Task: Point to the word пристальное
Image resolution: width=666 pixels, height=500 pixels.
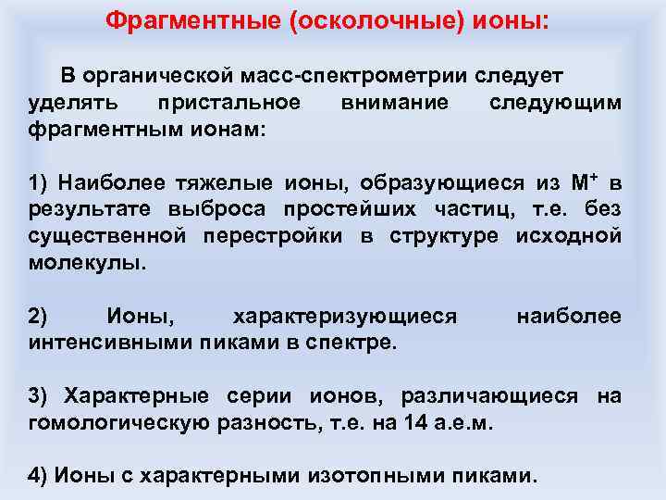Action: pyautogui.click(x=229, y=101)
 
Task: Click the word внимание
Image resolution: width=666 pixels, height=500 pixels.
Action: pyautogui.click(x=394, y=101)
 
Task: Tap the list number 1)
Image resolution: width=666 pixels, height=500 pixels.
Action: pyautogui.click(x=40, y=182)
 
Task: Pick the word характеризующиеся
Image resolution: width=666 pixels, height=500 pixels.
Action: pyautogui.click(x=345, y=317)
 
